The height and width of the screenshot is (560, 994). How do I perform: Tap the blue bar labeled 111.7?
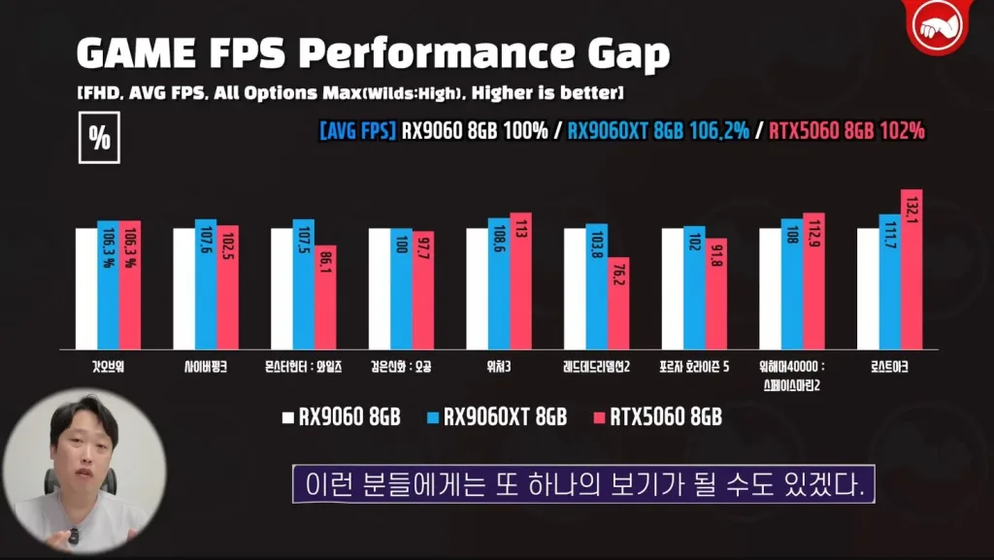click(x=889, y=281)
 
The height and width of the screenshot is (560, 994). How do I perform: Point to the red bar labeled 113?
click(x=521, y=280)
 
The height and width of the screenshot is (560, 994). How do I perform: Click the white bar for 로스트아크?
click(x=868, y=288)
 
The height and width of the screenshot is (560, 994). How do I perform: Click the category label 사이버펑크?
click(x=206, y=368)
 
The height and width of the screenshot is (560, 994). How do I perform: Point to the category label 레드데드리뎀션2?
click(x=596, y=368)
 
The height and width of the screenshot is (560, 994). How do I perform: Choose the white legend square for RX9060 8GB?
click(x=287, y=418)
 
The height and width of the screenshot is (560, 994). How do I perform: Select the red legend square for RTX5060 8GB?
click(x=598, y=418)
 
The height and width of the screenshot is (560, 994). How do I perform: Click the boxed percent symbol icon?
click(x=99, y=139)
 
